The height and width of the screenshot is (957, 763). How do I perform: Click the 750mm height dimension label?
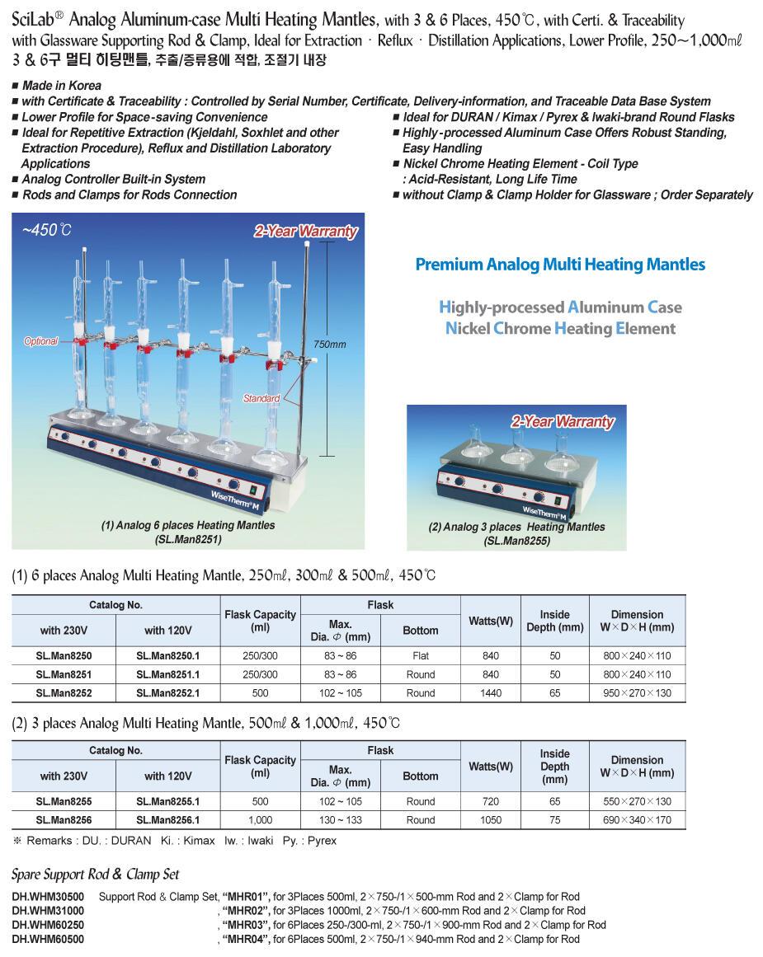click(x=330, y=345)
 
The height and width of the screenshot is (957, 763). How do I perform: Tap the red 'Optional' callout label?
click(x=40, y=341)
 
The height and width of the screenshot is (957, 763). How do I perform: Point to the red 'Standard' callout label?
click(x=261, y=399)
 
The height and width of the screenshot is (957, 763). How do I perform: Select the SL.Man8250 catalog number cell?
click(x=64, y=656)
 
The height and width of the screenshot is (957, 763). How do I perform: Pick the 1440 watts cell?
click(x=490, y=693)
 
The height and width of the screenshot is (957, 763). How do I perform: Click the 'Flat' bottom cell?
click(x=420, y=656)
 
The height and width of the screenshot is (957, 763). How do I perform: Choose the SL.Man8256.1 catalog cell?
click(x=167, y=820)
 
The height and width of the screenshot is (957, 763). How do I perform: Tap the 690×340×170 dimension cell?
click(x=637, y=820)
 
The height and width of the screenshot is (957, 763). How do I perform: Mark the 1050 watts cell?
click(x=490, y=820)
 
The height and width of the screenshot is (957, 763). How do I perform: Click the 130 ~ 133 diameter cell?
click(x=341, y=820)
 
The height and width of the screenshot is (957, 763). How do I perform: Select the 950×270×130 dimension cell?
click(x=637, y=693)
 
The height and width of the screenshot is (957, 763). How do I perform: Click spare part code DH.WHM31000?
click(x=48, y=911)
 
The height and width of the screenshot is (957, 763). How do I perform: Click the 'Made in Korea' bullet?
click(x=61, y=86)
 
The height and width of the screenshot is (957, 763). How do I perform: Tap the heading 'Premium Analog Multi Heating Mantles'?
click(x=560, y=265)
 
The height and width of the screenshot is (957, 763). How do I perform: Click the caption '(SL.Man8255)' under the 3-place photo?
click(x=516, y=541)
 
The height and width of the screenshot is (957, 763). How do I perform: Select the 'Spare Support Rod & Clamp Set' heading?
click(x=95, y=875)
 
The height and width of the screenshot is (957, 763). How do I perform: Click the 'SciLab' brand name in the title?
click(x=39, y=20)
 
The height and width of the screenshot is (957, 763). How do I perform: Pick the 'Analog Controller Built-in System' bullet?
click(x=113, y=179)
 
